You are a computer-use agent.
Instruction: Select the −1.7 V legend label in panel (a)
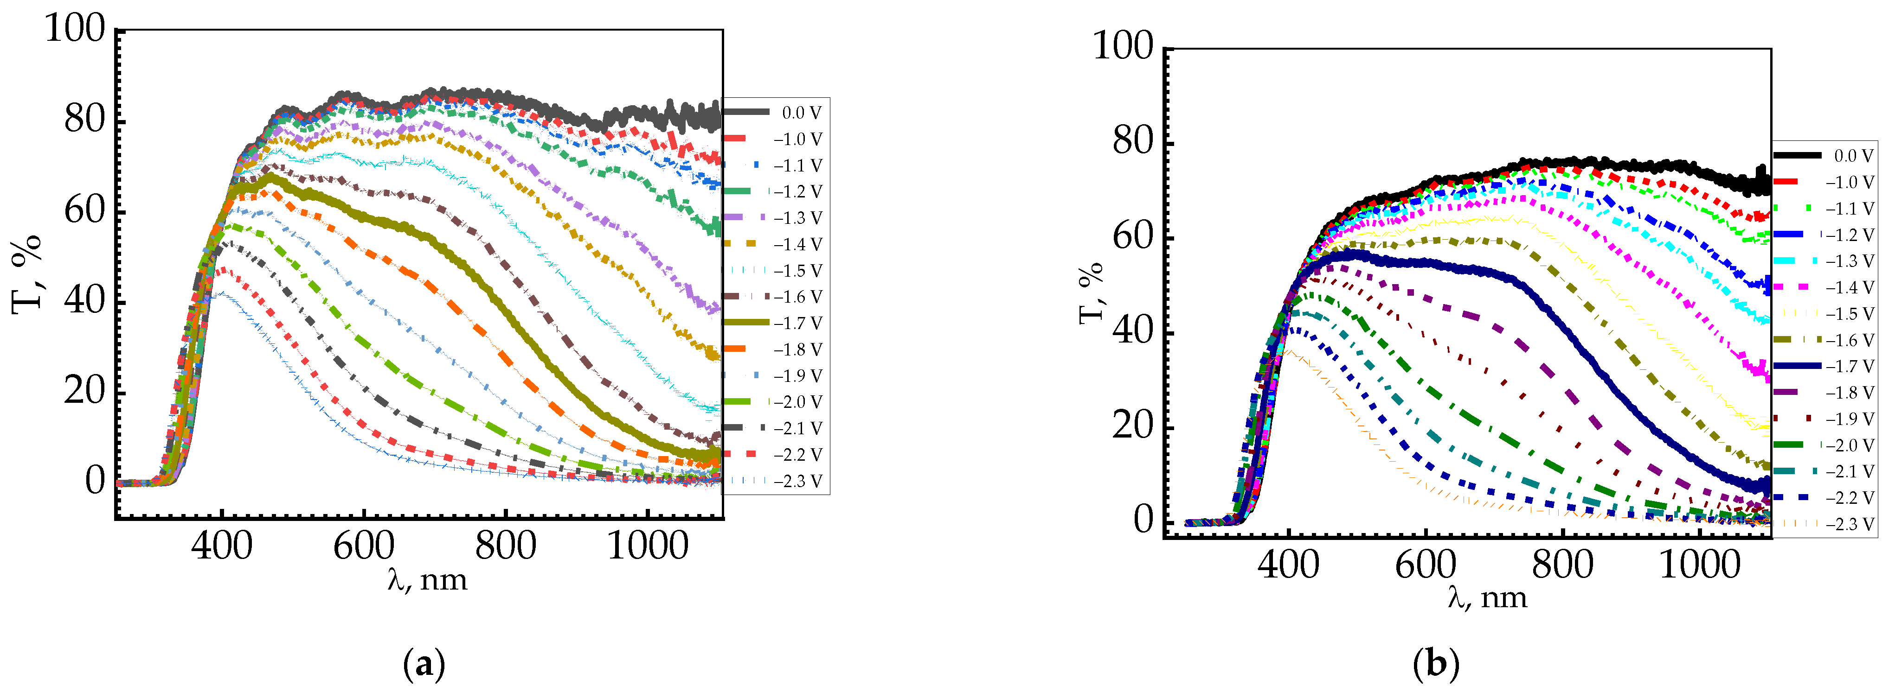[x=797, y=324]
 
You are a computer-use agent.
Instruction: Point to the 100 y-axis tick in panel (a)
[x=76, y=31]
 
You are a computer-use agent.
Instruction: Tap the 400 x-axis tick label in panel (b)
[x=1288, y=565]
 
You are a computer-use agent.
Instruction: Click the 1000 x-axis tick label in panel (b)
[x=1699, y=565]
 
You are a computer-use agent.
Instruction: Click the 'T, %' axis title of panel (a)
[x=27, y=274]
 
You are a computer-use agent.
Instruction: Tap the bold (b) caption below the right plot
[x=1436, y=665]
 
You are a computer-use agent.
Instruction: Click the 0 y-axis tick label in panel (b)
[x=1143, y=521]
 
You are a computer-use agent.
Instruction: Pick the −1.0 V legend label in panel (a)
[x=797, y=140]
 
